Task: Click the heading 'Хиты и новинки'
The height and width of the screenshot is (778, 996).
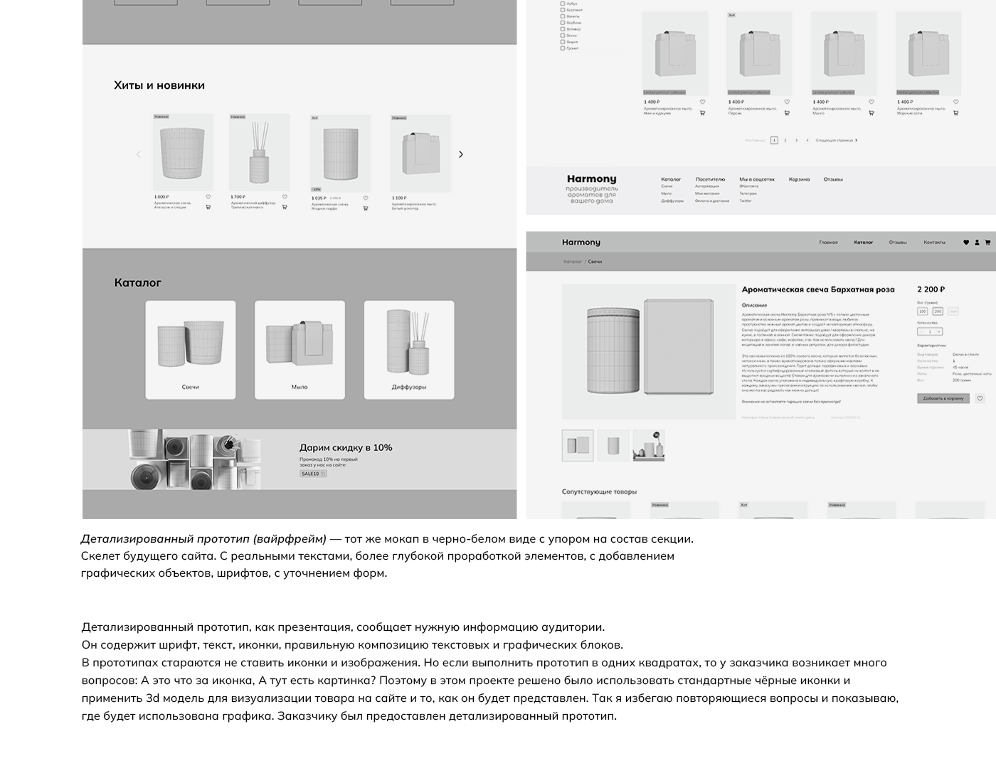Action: (159, 85)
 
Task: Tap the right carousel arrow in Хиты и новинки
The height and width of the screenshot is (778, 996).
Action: (461, 154)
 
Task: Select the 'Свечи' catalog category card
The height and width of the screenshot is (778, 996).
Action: (191, 350)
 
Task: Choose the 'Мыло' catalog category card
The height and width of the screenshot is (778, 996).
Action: (300, 350)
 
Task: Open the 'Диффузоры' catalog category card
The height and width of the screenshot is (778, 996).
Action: (409, 350)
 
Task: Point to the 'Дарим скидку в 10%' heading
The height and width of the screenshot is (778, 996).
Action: (346, 447)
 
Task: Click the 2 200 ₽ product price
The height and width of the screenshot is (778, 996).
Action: (931, 289)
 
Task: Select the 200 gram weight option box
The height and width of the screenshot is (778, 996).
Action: (938, 311)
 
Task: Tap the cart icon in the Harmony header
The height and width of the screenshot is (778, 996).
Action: (987, 243)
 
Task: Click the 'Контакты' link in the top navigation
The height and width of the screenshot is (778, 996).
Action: (934, 243)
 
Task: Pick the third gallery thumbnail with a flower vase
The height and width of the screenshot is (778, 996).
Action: (648, 446)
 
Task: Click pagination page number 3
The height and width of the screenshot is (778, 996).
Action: (796, 140)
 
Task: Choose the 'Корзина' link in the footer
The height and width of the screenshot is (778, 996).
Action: (799, 179)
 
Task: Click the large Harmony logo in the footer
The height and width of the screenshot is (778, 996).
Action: (592, 179)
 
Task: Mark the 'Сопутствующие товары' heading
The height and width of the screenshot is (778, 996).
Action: (599, 491)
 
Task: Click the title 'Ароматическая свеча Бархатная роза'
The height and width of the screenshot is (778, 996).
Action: (818, 289)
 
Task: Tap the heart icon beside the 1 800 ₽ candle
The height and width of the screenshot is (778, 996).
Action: (208, 197)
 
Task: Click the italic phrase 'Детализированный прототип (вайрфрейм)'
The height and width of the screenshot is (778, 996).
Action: (203, 539)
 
